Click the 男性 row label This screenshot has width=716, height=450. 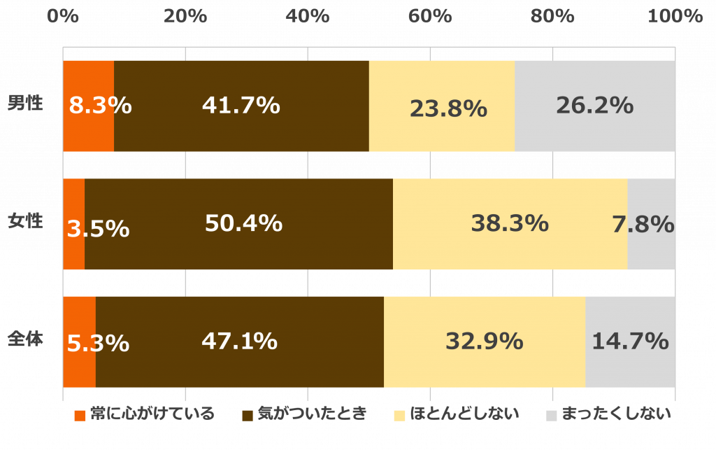(26, 103)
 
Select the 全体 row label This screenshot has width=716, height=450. (26, 339)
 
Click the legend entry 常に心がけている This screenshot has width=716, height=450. (145, 414)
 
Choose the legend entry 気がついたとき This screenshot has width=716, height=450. (304, 414)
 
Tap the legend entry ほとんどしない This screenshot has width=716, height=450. (457, 414)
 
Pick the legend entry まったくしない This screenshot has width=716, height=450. (608, 414)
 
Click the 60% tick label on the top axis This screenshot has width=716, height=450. (430, 16)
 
